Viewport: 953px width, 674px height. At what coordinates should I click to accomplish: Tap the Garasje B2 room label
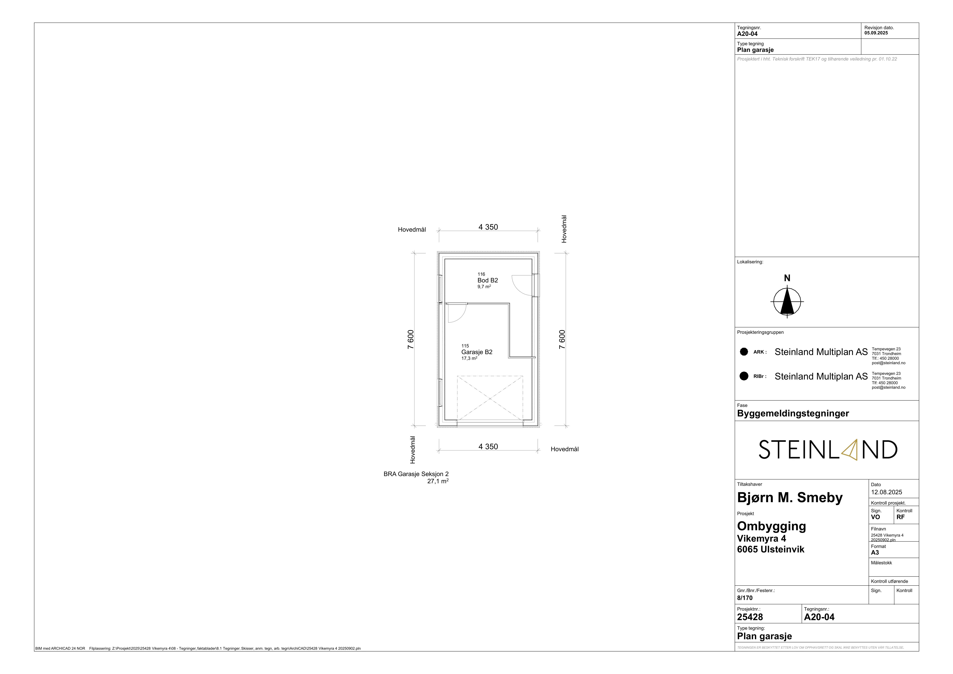[477, 352]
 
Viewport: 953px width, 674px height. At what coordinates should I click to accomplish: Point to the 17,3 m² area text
[469, 358]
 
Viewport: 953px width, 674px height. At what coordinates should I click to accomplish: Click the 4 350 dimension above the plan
[488, 227]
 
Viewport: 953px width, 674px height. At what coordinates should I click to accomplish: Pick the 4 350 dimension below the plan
[488, 447]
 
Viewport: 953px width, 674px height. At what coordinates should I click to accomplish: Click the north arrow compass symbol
[787, 301]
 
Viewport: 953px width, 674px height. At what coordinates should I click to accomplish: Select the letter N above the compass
[787, 278]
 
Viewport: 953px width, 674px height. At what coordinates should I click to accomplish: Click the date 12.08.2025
[887, 492]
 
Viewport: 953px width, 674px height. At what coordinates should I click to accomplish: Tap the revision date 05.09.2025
[876, 33]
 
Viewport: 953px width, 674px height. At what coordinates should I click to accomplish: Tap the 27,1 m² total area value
[438, 481]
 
